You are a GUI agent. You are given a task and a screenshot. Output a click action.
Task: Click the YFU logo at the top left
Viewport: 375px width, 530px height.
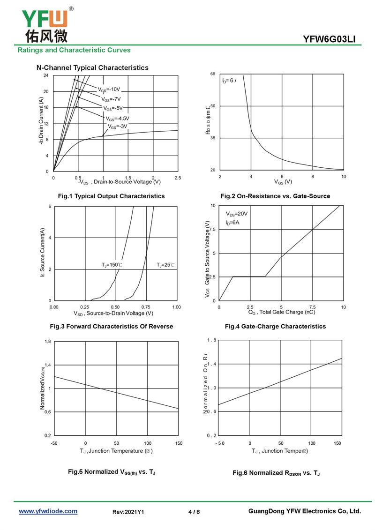point(45,23)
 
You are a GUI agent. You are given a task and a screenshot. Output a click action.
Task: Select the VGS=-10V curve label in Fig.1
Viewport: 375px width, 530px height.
point(109,90)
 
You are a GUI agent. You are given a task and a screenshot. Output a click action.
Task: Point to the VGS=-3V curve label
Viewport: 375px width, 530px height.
point(118,127)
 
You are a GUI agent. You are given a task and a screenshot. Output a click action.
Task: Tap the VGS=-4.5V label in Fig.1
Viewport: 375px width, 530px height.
point(117,119)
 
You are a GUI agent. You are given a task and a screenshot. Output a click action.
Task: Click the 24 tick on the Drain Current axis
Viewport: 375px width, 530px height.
point(46,75)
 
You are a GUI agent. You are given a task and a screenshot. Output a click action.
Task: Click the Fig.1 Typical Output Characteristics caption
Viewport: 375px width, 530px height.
point(111,196)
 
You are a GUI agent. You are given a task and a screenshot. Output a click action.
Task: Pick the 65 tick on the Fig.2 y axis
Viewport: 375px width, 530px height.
point(212,75)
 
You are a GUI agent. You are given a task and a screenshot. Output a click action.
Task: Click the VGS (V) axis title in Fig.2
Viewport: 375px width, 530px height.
point(283,182)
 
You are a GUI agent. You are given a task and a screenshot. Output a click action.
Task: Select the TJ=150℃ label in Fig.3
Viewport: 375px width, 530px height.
point(112,265)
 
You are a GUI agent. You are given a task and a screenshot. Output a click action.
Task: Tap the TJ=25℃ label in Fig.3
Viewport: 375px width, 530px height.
point(165,265)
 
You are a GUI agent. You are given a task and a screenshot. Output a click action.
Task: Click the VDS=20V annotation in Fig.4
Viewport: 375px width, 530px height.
point(237,214)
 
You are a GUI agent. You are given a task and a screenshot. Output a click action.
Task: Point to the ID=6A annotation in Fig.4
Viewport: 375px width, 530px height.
point(232,223)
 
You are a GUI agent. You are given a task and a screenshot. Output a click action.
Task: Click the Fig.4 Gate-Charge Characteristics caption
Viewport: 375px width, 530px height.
point(282,326)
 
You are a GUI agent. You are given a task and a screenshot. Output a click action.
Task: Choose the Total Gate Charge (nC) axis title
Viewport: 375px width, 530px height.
point(282,312)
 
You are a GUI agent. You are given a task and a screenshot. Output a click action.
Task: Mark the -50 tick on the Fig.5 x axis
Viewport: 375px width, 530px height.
point(54,443)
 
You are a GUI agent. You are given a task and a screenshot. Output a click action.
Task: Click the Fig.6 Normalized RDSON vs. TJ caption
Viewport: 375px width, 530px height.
point(276,473)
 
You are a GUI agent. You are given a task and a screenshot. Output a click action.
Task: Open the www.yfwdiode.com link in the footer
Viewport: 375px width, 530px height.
point(48,511)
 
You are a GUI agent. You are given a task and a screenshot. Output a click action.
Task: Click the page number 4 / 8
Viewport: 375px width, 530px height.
point(194,512)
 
